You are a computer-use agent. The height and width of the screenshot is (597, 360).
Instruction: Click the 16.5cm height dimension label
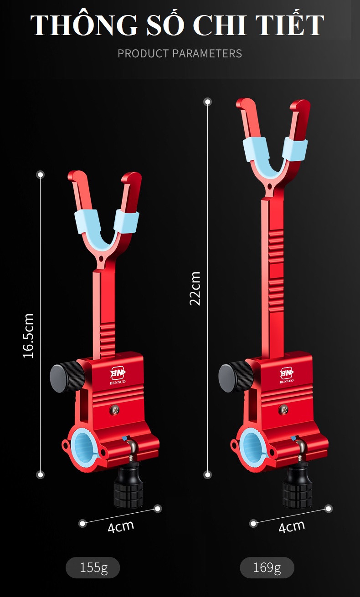tap(29, 336)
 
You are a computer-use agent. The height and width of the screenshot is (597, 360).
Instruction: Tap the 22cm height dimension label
tap(195, 289)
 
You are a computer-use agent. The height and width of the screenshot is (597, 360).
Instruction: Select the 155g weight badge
tap(93, 568)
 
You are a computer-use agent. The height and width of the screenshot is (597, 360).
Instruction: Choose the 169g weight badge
tap(267, 568)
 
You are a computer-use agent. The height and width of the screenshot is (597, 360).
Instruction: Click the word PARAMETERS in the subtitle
tap(207, 54)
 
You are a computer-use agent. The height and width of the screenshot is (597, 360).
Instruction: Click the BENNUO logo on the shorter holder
tap(118, 376)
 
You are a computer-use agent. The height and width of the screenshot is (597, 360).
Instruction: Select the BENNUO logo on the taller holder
tap(287, 376)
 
